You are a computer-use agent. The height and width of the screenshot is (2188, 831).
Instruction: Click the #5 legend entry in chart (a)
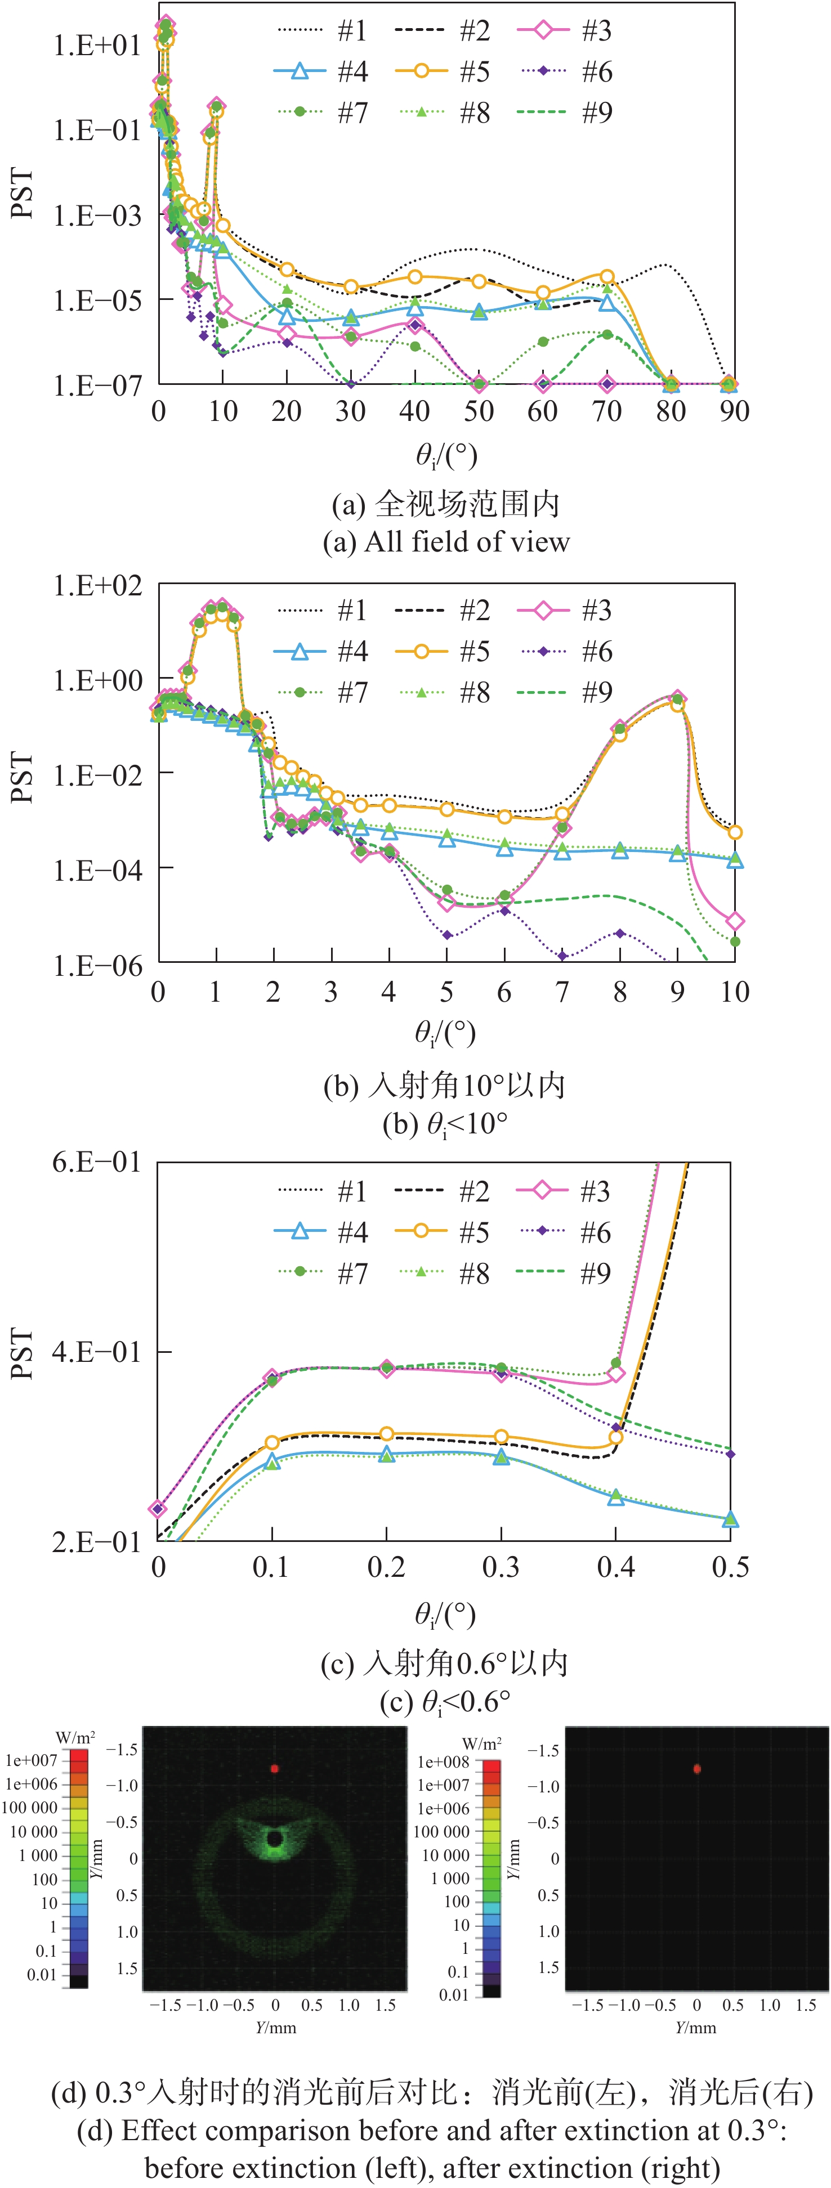(442, 71)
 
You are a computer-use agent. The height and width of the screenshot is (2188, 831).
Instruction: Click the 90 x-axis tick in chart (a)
(734, 411)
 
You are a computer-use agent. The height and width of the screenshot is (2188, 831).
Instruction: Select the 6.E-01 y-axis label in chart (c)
(97, 1162)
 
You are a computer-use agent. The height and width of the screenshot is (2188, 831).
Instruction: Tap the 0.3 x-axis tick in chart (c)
(501, 1567)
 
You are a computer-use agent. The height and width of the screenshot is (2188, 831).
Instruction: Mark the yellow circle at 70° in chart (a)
(607, 277)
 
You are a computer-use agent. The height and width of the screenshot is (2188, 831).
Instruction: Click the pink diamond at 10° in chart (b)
(735, 921)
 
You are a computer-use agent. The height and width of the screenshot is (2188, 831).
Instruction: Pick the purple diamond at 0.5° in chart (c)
(730, 1454)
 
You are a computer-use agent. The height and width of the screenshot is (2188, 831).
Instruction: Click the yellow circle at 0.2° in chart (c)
(387, 1434)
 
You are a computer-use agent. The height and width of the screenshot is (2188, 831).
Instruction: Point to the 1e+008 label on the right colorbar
(443, 1761)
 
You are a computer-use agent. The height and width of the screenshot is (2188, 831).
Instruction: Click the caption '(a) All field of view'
(446, 542)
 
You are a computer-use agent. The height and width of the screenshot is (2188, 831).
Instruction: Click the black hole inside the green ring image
(274, 1839)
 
